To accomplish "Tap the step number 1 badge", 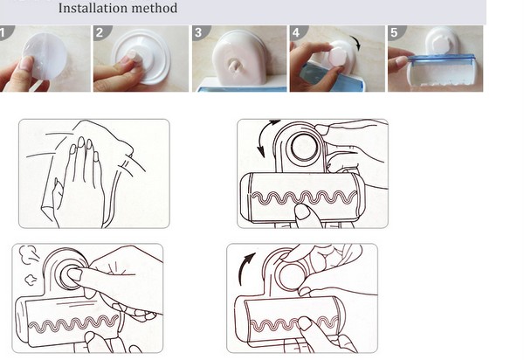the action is point(6,32).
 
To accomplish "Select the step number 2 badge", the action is point(101,32).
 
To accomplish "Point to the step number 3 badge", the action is point(200,32).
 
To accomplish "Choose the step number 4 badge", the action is point(298,32).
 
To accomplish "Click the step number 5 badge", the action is point(396,32).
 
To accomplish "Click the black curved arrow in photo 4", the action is point(356,43).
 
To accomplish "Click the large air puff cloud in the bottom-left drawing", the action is point(29,254).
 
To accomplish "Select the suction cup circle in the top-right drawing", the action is point(305,148).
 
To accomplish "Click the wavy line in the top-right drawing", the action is point(304,197).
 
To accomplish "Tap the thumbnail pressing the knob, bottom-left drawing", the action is point(75,274).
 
